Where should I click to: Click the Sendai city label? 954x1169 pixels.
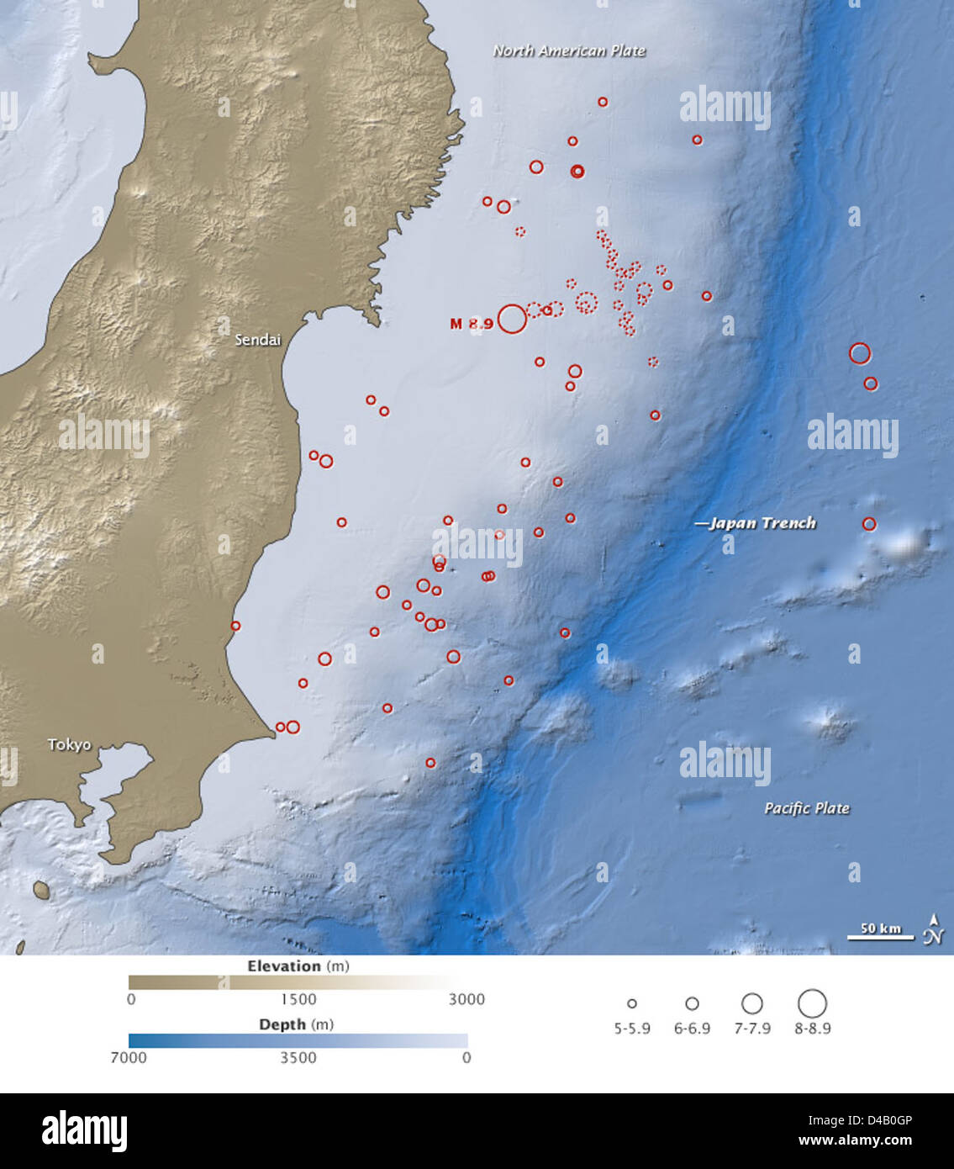coord(257,340)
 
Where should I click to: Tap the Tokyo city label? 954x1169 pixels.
coord(69,744)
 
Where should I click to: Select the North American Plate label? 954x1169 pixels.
coord(569,50)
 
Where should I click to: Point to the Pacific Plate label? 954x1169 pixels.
coord(806,808)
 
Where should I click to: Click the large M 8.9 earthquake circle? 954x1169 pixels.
coord(512,320)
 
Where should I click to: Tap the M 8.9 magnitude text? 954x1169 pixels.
coord(471,324)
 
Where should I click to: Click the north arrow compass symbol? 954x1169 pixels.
coord(934,929)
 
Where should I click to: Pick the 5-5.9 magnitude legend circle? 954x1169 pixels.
coord(632,1003)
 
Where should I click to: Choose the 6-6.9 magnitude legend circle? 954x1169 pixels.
coord(692,1003)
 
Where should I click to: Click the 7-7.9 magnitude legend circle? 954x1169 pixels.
coord(752,1003)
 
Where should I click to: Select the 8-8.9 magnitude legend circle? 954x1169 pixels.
coord(812,1002)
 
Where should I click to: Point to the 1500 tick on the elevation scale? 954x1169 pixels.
coord(298,999)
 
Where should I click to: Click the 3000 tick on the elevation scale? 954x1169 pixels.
coord(466,999)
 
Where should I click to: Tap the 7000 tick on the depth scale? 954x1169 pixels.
coord(129,1057)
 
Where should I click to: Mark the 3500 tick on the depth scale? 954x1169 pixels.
coord(298,1057)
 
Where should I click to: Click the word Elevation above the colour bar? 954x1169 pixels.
coord(284,966)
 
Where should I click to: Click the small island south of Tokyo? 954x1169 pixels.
coord(40,889)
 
